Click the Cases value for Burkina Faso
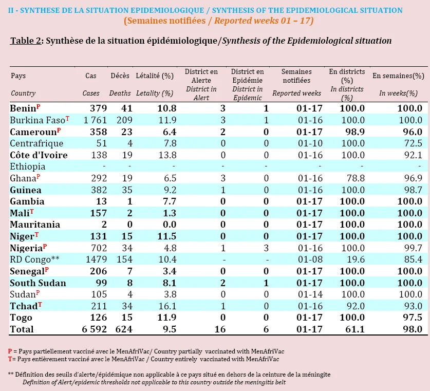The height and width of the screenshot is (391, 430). click(95, 120)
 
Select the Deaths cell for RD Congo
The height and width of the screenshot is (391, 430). click(124, 259)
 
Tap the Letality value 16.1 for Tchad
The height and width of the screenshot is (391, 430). click(167, 306)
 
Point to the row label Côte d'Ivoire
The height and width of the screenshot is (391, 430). click(39, 155)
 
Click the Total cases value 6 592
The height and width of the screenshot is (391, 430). click(95, 329)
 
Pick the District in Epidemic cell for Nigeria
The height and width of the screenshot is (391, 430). click(266, 248)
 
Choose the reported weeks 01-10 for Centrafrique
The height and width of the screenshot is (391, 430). click(310, 143)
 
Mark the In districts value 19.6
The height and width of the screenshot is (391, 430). click(356, 259)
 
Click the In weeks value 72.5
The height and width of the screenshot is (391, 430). click(413, 143)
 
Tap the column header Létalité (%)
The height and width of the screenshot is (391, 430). click(155, 76)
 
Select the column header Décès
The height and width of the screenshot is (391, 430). click(120, 76)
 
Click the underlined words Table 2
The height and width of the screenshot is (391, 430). click(26, 41)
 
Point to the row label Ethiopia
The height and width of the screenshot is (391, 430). click(28, 166)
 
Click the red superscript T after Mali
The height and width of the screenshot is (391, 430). click(32, 211)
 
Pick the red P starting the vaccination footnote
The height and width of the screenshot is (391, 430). click(10, 351)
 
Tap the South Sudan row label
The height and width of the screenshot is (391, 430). click(38, 283)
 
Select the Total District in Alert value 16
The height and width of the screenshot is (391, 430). click(220, 329)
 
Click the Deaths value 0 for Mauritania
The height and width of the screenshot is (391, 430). click(129, 225)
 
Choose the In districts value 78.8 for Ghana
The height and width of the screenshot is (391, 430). click(356, 178)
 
